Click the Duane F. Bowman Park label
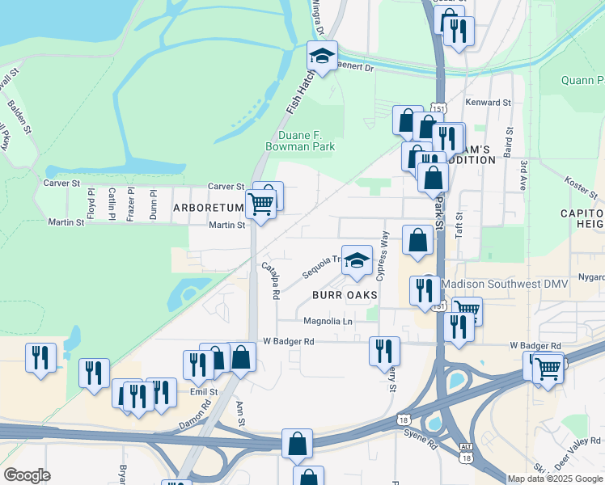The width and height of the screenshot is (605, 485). [x=299, y=141]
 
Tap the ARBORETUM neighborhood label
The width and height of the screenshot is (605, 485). [x=208, y=208]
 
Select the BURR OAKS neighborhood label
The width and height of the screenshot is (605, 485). [x=345, y=295]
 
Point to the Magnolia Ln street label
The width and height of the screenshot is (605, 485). [x=328, y=321]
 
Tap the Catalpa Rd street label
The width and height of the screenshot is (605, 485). [x=270, y=280]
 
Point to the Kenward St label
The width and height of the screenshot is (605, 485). [x=489, y=103]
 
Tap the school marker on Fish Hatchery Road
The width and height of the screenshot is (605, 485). [x=322, y=57]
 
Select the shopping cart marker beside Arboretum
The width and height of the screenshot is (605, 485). [x=260, y=204]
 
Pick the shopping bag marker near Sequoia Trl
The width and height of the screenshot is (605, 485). [x=417, y=240]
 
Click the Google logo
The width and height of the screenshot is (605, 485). [x=27, y=475]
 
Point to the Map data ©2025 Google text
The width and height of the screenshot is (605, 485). [x=556, y=479]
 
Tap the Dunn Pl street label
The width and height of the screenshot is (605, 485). [x=153, y=204]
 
